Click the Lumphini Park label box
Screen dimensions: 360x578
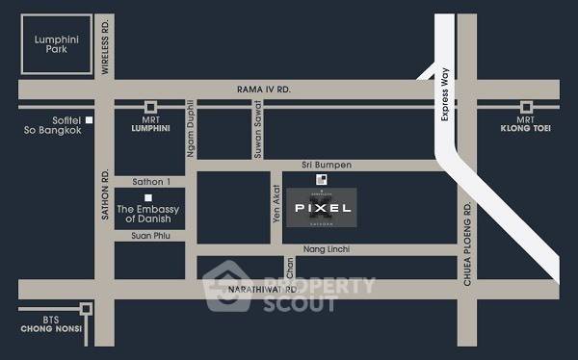click(50, 45)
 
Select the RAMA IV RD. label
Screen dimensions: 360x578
click(264, 90)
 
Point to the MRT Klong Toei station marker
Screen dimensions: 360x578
click(526, 107)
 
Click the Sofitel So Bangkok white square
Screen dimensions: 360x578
click(88, 119)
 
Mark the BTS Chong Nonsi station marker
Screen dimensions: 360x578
click(87, 309)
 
